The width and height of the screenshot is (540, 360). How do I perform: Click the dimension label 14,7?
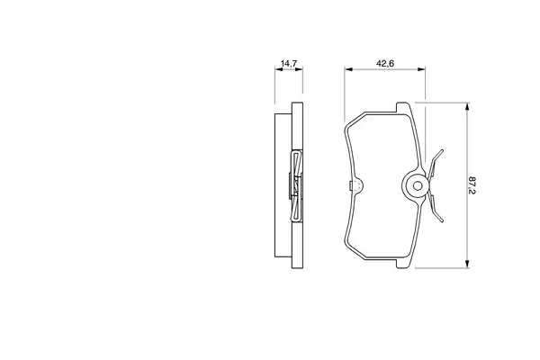tap(289, 63)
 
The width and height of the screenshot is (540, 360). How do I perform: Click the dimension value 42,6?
tap(385, 63)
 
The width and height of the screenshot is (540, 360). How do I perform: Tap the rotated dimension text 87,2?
tap(472, 185)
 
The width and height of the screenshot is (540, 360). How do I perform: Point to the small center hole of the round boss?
tap(418, 186)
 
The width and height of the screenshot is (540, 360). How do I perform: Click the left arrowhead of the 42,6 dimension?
tap(348, 69)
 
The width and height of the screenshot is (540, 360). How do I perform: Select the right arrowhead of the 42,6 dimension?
tap(421, 69)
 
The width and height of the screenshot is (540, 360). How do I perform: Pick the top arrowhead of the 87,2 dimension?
tap(467, 107)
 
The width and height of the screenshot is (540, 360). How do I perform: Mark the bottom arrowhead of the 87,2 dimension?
tap(467, 264)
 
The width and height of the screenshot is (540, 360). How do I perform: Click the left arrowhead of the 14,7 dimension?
tap(279, 69)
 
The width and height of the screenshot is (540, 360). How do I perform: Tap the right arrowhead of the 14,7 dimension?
tap(299, 69)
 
